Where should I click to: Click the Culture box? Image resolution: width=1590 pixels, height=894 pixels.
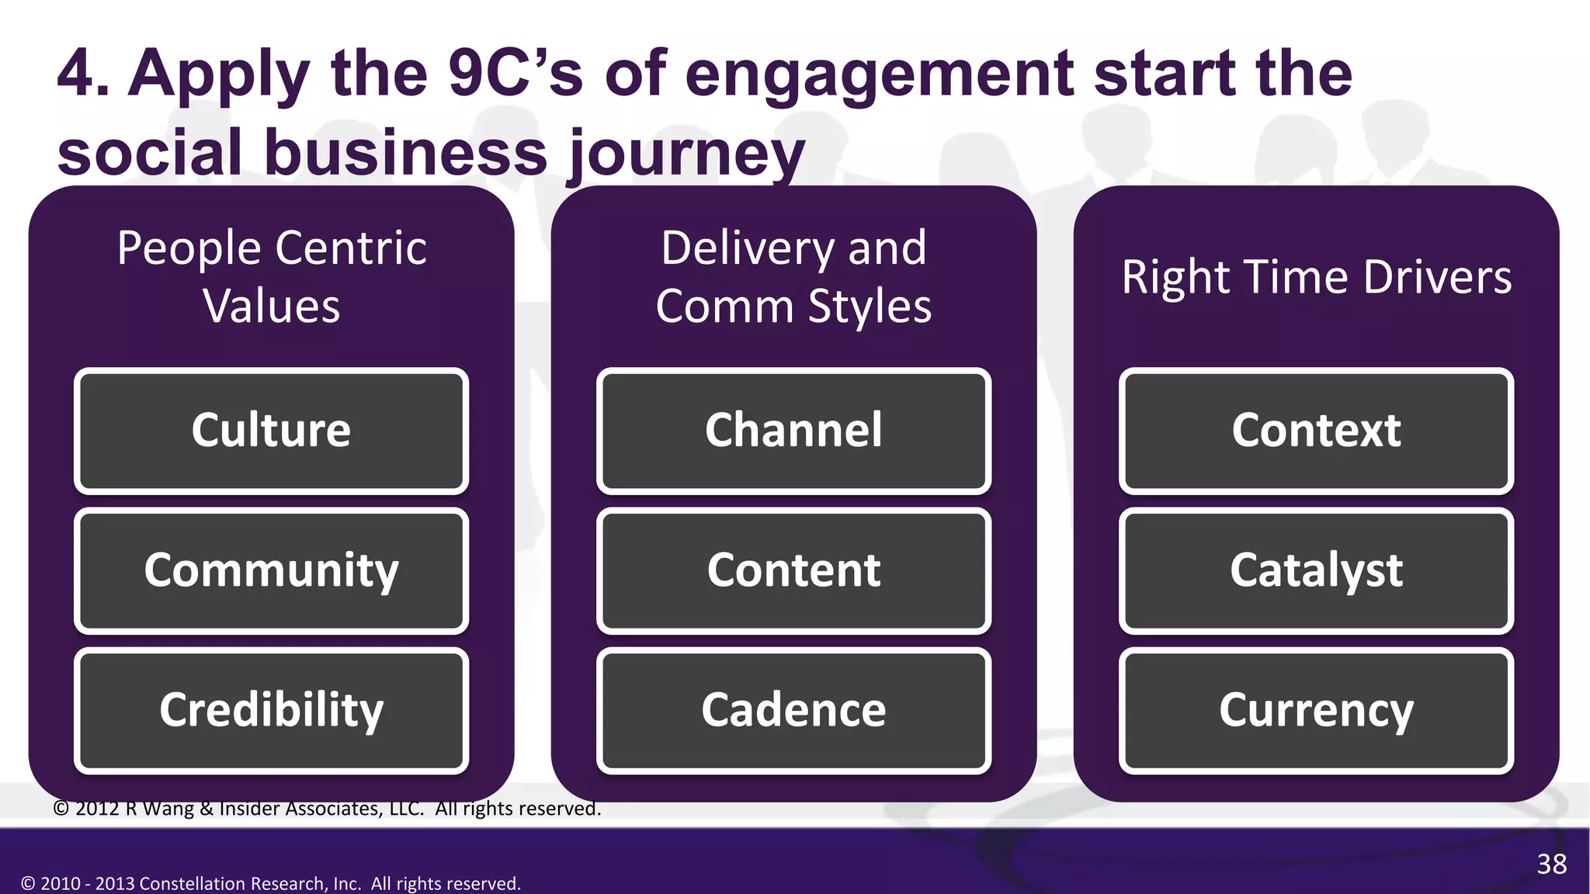(x=271, y=431)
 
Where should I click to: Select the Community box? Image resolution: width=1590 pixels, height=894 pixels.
(x=271, y=570)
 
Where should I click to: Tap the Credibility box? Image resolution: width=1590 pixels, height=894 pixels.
(x=271, y=710)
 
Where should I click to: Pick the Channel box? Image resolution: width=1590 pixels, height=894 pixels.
(x=793, y=431)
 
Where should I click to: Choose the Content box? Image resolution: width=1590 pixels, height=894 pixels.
(x=793, y=570)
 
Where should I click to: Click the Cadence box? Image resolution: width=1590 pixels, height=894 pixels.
(x=793, y=710)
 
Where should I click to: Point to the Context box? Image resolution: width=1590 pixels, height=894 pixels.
(x=1316, y=431)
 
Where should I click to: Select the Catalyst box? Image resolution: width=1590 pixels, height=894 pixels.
(x=1316, y=570)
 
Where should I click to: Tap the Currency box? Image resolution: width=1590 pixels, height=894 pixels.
(x=1316, y=710)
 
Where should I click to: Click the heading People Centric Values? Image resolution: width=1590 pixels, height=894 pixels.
(x=271, y=276)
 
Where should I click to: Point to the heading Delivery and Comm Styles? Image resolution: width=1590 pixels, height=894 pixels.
(x=793, y=276)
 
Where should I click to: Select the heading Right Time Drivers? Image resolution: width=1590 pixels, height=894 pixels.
(x=1316, y=277)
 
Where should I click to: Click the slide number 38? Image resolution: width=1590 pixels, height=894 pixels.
(x=1551, y=864)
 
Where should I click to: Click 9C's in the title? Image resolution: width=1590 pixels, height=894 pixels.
(x=515, y=73)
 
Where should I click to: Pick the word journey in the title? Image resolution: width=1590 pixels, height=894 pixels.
(x=687, y=154)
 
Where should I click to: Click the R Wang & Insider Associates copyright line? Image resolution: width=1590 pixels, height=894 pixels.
(x=327, y=809)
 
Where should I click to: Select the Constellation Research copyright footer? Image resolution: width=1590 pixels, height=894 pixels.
(x=270, y=883)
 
